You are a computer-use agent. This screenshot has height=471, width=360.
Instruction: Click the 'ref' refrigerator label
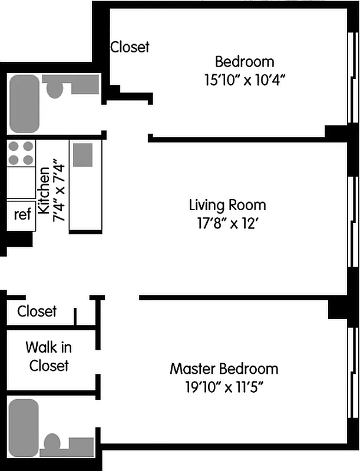click(x=22, y=214)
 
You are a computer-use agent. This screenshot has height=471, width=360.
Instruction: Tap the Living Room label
click(x=227, y=205)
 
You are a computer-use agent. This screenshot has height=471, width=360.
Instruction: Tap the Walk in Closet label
click(x=49, y=357)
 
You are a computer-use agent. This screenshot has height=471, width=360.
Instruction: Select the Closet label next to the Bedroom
click(x=130, y=47)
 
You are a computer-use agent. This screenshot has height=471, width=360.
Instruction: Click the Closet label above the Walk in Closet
click(x=37, y=311)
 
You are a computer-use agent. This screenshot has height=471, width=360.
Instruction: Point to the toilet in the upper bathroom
click(x=55, y=89)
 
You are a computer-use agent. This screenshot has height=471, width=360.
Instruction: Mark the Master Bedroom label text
click(x=224, y=369)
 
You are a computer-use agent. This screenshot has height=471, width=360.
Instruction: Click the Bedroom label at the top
click(x=245, y=61)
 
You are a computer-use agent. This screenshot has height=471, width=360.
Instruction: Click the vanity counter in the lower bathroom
click(x=80, y=445)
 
